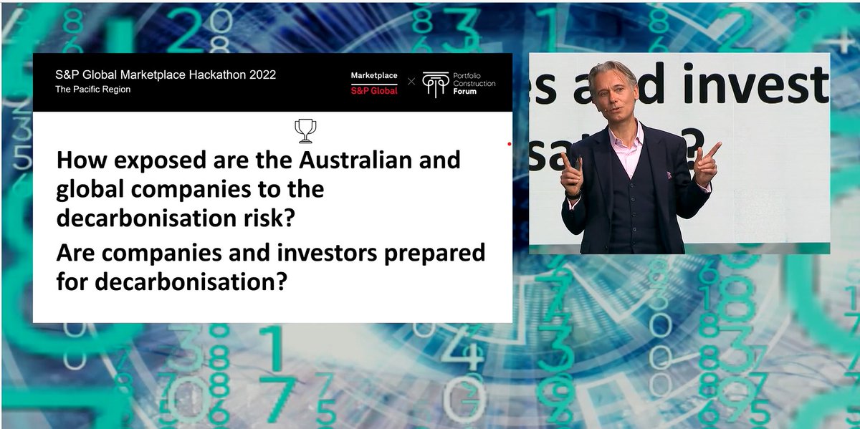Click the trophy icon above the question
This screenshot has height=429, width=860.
(x=305, y=130)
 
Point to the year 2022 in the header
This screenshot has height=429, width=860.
(x=259, y=74)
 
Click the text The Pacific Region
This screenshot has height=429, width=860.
(x=92, y=90)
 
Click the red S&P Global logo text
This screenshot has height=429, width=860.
(x=373, y=91)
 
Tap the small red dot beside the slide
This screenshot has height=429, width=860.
(x=509, y=143)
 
